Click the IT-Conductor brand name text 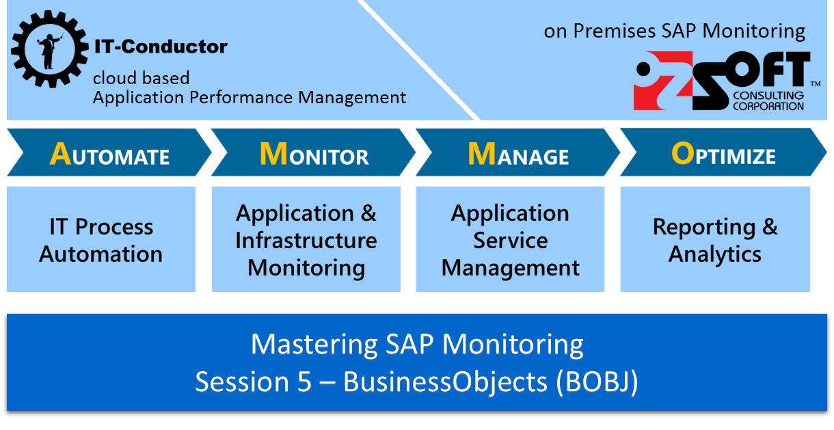[161, 47]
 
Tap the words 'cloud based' [142, 78]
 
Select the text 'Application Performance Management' [250, 98]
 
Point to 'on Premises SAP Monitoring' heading [675, 31]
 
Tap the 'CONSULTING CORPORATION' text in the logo [767, 101]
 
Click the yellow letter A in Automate [60, 154]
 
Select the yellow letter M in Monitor [273, 154]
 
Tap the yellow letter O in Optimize [682, 154]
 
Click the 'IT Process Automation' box [101, 239]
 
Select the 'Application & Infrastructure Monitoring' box [306, 239]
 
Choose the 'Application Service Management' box [510, 239]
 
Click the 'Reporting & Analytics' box [715, 239]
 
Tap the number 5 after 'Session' [304, 381]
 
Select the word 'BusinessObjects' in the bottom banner [445, 381]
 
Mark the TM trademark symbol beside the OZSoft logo [815, 83]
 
